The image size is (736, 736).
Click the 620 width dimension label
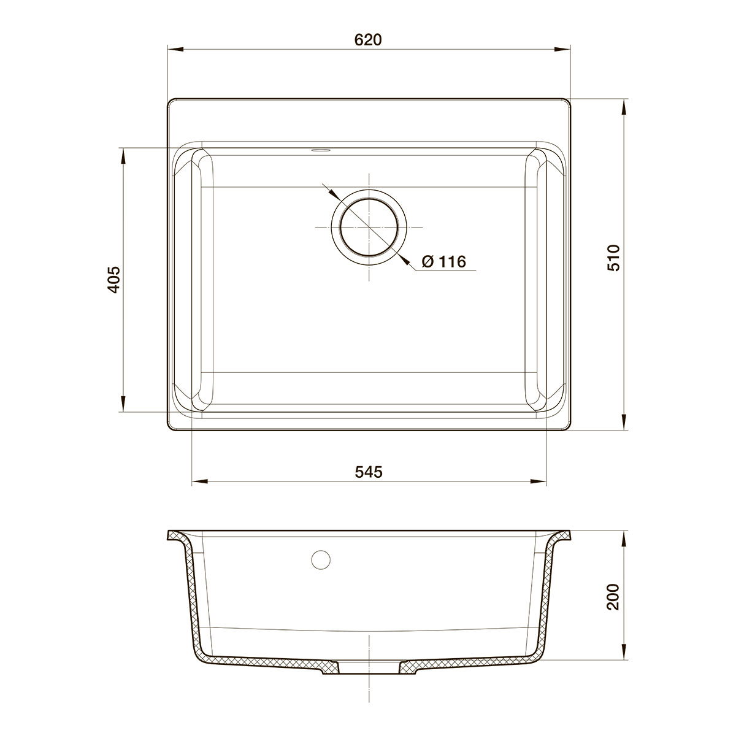tap(368, 40)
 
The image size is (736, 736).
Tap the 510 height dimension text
tap(613, 258)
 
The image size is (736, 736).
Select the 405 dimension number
tap(114, 280)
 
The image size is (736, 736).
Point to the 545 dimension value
tap(368, 472)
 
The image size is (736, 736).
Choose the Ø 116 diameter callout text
tap(444, 262)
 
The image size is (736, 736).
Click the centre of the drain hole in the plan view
tap(369, 227)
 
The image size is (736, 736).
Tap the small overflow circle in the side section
tap(321, 559)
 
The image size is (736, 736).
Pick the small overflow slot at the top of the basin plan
tap(320, 150)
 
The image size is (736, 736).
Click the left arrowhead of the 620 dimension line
tap(176, 49)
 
